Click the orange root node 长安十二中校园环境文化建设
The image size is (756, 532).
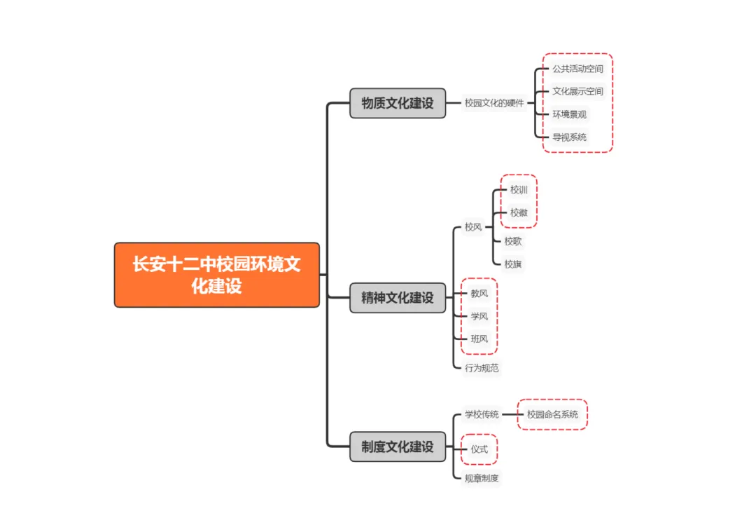tap(217, 275)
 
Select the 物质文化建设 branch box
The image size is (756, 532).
tap(398, 103)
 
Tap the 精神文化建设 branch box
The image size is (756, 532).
tap(398, 297)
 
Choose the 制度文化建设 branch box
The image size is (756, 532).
tap(398, 446)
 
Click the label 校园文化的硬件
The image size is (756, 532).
tap(494, 103)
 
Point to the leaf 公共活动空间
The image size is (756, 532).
tap(577, 69)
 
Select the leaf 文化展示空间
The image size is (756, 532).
tap(577, 91)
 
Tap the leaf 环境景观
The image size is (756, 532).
tap(569, 114)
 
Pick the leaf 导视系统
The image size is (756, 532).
tap(569, 137)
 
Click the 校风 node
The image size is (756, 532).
tap(473, 227)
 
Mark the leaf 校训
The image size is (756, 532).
tap(519, 189)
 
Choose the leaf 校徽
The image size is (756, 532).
tap(519, 213)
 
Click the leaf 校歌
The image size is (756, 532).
tap(513, 241)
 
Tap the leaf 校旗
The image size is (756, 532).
tap(513, 264)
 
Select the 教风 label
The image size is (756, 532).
tap(479, 293)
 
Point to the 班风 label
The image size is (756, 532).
tap(479, 339)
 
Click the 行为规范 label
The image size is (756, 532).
tap(482, 367)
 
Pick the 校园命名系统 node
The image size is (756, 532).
tap(552, 414)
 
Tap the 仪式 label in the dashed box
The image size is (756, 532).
tap(479, 449)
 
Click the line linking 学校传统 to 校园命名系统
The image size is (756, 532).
tap(510, 414)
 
